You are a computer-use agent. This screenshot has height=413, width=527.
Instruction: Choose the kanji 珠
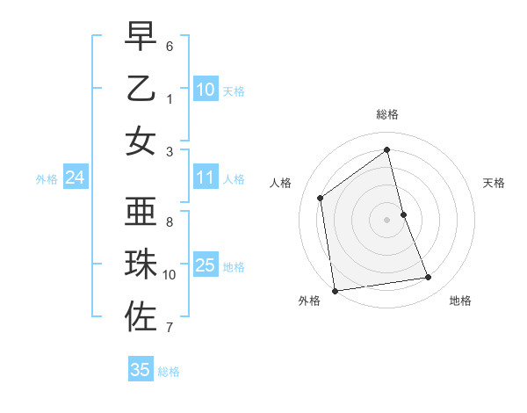pos(141,264)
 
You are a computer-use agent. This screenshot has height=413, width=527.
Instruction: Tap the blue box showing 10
pos(206,89)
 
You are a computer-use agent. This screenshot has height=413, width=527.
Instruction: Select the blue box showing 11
pos(206,178)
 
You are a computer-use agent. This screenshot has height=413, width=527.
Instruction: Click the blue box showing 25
pos(206,266)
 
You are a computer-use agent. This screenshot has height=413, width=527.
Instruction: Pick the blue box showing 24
pos(75,178)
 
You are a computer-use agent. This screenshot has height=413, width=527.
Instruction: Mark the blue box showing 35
pos(141,369)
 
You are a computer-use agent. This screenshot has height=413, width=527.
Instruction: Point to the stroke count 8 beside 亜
pos(170,222)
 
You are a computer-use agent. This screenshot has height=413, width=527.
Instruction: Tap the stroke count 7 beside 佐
pos(170,328)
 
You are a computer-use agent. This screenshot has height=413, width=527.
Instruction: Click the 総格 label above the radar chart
pos(387,114)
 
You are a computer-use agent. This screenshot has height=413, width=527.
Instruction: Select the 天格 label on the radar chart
pos(495,183)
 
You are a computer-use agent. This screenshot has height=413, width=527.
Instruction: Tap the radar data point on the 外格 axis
pos(335,290)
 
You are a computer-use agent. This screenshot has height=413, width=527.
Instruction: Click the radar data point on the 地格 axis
pos(429,278)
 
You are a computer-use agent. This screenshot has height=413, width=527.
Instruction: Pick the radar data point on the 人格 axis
pos(321,198)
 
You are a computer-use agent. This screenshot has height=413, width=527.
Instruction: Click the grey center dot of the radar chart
pos(387,219)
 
